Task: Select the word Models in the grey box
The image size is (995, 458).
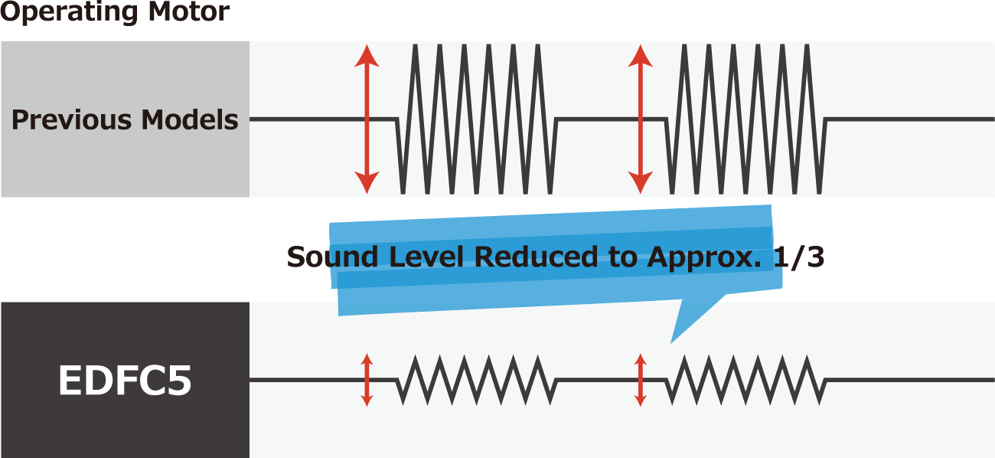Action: pyautogui.click(x=189, y=120)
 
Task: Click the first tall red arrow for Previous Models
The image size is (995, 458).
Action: pyautogui.click(x=367, y=119)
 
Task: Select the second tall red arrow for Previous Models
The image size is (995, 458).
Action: pyautogui.click(x=640, y=119)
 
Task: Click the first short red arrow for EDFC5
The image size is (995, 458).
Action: pyautogui.click(x=367, y=380)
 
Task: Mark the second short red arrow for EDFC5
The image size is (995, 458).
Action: pyautogui.click(x=641, y=380)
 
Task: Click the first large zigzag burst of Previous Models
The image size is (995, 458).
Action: pyautogui.click(x=476, y=119)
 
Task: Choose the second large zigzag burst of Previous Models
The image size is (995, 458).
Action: pyautogui.click(x=746, y=119)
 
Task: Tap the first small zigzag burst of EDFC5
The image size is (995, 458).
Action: pyautogui.click(x=476, y=380)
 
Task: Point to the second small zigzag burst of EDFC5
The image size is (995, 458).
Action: pyautogui.click(x=746, y=380)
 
